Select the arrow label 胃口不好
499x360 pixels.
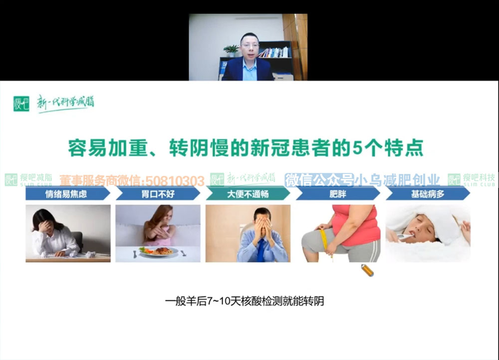pos(158,193)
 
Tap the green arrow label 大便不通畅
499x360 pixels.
pos(248,193)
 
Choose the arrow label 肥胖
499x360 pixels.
pos(338,193)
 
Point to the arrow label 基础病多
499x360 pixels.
pos(428,193)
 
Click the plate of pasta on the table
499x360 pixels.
pos(158,251)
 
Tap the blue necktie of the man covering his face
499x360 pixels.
pos(261,250)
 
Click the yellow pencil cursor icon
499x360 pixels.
pos(368,270)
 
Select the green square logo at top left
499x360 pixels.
pos(21,104)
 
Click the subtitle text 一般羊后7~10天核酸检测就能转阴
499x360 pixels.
pos(245,301)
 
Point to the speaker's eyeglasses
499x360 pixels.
pos(250,46)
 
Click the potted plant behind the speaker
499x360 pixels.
pos(232,51)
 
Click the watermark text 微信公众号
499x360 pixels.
pos(319,180)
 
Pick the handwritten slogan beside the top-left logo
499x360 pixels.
pos(65,103)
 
